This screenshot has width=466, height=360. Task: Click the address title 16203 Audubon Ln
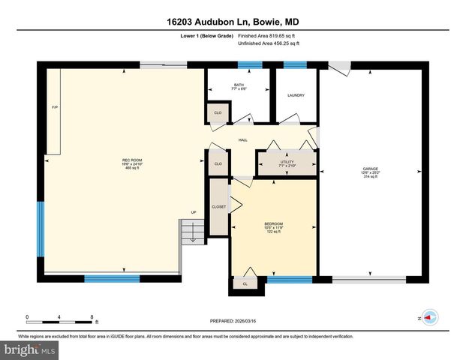pos(233,22)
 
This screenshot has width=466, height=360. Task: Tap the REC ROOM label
pos(132,160)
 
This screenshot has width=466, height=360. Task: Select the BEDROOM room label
pos(274,224)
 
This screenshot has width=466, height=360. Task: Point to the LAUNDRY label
pos(295,95)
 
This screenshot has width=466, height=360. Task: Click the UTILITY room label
pos(287,160)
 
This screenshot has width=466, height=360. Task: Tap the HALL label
pos(243,140)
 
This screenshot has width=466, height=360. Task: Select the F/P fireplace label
pos(54,108)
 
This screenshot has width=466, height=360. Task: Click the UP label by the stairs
pos(193,212)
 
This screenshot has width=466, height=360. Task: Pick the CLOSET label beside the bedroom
pos(218,206)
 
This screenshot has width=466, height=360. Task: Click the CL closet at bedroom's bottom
pos(245,284)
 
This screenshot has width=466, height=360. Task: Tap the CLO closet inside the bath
pos(218,113)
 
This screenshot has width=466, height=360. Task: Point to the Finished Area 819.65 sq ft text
pos(268,35)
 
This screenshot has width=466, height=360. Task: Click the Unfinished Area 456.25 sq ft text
pos(268,43)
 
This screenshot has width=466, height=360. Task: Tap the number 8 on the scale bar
pos(92,316)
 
